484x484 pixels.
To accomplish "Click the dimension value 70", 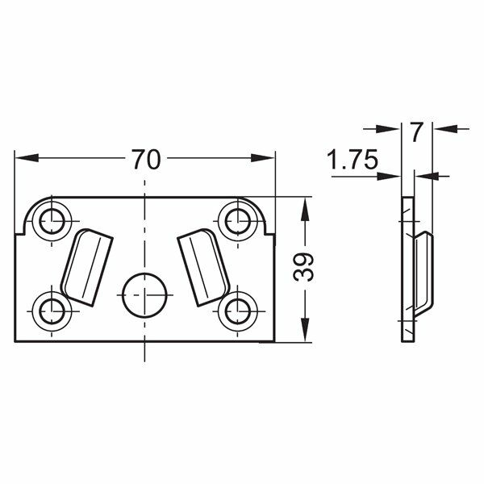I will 145,160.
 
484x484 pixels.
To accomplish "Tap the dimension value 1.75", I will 353,160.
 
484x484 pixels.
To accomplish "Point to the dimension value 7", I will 416,131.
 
